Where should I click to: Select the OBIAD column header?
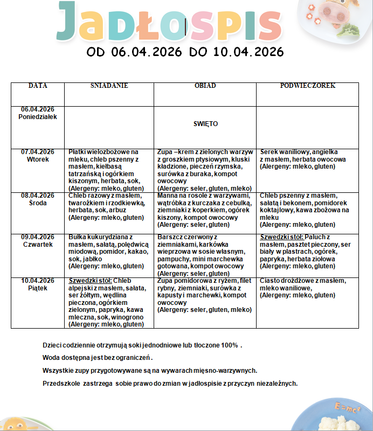click(x=205, y=86)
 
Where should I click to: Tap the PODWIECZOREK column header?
click(x=307, y=86)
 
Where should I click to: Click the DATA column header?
click(x=38, y=86)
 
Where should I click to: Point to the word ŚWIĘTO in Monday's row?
click(x=205, y=124)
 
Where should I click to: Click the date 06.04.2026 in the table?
click(x=38, y=109)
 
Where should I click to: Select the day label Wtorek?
click(x=38, y=159)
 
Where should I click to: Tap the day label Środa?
click(x=38, y=203)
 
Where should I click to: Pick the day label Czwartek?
click(x=38, y=244)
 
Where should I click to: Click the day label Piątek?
click(x=38, y=288)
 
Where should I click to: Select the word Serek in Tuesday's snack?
click(x=270, y=152)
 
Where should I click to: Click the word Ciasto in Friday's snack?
click(x=271, y=281)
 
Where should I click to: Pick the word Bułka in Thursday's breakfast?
click(x=79, y=237)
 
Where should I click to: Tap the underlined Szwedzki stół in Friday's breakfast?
click(x=91, y=281)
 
